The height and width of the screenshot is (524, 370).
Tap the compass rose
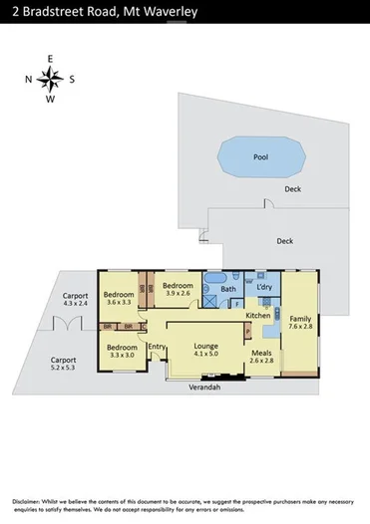click(x=52, y=80)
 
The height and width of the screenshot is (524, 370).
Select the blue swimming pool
click(x=261, y=157)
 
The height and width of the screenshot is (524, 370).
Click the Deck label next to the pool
click(x=292, y=188)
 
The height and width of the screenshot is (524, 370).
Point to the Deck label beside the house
click(x=284, y=240)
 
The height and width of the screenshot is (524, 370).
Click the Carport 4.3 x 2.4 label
click(x=76, y=300)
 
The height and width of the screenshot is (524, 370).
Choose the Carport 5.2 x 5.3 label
click(x=64, y=363)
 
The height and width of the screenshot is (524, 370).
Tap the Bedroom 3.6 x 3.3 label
click(x=118, y=298)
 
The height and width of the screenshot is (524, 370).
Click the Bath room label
click(x=227, y=290)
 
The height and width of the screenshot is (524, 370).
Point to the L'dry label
click(x=264, y=288)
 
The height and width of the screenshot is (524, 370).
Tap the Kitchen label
click(x=258, y=316)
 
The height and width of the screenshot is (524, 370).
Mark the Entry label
click(x=156, y=346)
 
